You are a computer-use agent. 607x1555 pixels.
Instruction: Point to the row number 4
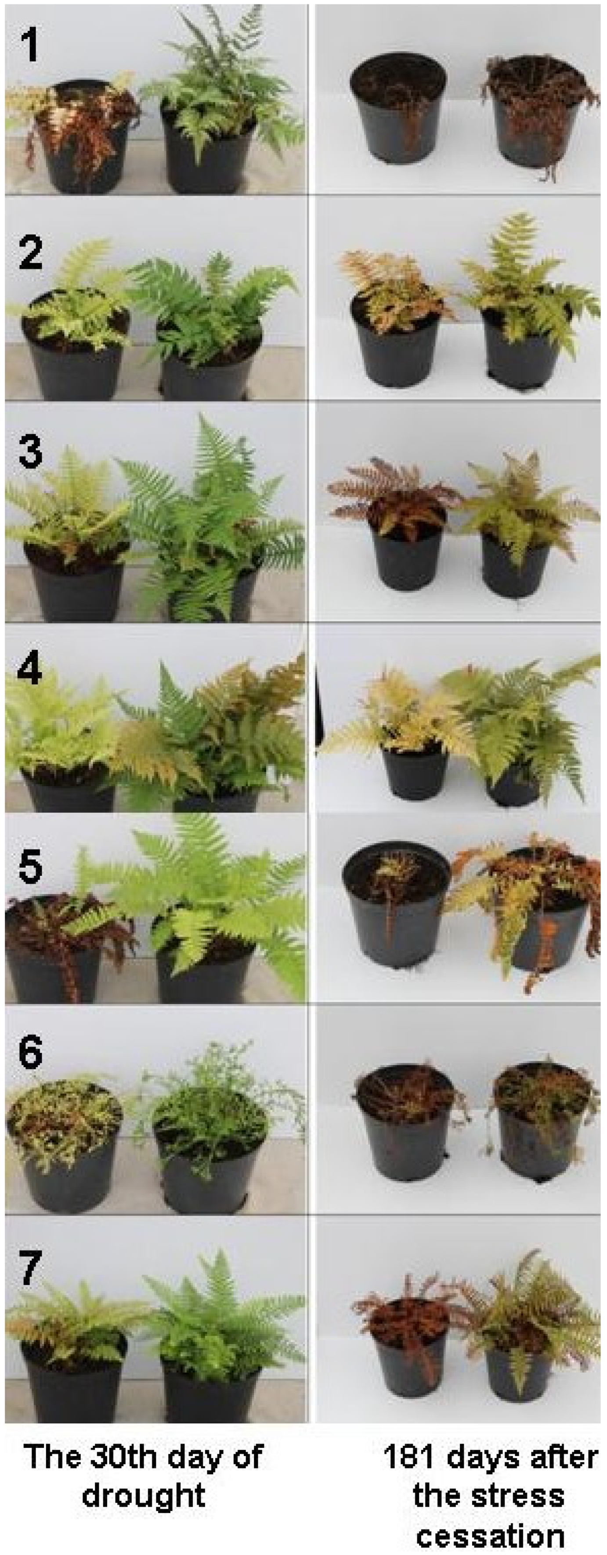click(29, 669)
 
